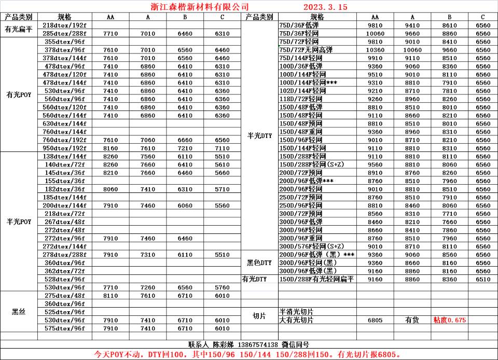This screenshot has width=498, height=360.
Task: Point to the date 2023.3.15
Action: coord(325,7)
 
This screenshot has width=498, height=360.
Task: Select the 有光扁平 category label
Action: coord(19,30)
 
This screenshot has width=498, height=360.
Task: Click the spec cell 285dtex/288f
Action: coord(65,34)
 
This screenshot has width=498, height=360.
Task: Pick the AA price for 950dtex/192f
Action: coord(110,148)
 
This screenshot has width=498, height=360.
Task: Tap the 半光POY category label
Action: coord(19,221)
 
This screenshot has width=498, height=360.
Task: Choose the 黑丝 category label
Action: coord(19,312)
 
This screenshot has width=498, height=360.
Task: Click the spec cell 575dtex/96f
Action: coord(65,328)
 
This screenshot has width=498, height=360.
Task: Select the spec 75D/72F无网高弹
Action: coord(306,50)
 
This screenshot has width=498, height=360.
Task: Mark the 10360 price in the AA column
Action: coord(375,50)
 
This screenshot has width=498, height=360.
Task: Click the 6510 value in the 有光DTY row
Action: coord(482,279)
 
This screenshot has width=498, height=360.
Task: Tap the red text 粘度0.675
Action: coord(449,320)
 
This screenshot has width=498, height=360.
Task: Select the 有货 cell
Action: coord(412,320)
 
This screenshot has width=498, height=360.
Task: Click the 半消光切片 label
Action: coord(297,312)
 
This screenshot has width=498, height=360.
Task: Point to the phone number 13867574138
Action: coord(258,344)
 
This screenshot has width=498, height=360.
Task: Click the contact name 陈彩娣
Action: coord(224,344)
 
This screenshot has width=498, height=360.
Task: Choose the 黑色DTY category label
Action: coord(259,263)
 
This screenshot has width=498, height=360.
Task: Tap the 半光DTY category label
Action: coord(259,136)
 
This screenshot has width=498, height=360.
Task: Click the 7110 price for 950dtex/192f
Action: coord(222,148)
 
